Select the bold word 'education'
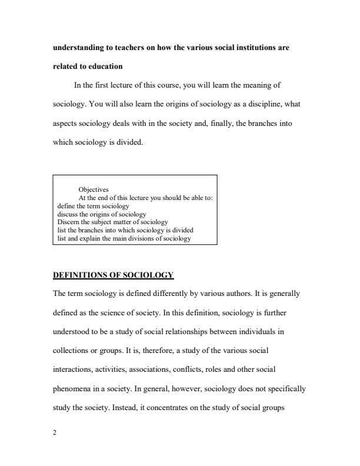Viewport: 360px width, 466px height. (x=101, y=67)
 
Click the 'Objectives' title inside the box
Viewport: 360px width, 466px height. (x=94, y=189)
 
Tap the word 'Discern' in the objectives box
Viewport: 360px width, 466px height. (x=67, y=222)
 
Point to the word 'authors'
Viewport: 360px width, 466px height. (x=229, y=293)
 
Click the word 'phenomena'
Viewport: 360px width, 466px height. (x=75, y=388)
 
